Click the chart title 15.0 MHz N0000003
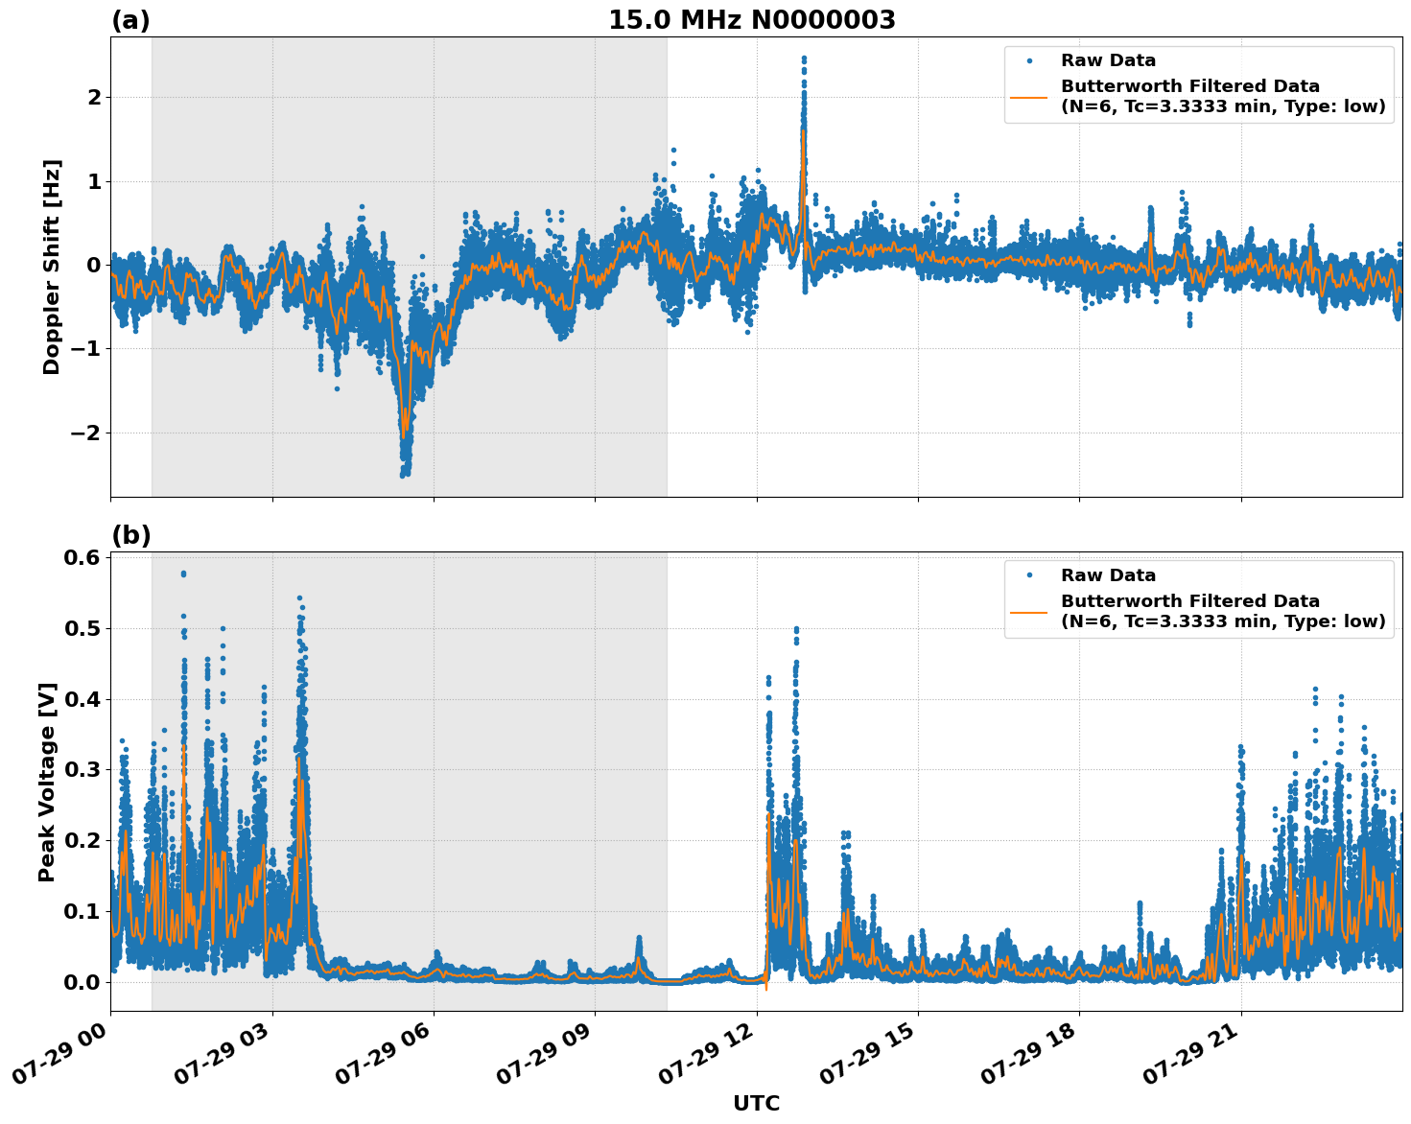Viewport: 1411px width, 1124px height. click(x=752, y=20)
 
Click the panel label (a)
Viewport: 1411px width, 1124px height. click(x=130, y=20)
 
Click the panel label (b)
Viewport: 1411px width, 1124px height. click(x=130, y=535)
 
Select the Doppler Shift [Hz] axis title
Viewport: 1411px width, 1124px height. click(x=52, y=267)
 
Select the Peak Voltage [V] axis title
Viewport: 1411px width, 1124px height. click(x=47, y=782)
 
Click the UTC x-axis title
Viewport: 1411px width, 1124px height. click(x=756, y=1103)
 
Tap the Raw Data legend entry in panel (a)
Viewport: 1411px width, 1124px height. click(x=1108, y=60)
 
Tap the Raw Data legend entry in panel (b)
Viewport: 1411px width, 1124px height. click(x=1108, y=575)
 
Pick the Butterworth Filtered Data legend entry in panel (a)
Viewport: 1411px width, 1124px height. click(x=1222, y=96)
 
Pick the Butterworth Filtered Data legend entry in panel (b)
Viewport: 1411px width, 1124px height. click(x=1222, y=611)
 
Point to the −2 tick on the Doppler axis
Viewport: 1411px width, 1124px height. click(x=85, y=433)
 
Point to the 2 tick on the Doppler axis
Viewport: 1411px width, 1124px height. click(x=94, y=97)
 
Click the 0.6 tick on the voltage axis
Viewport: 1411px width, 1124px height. click(x=82, y=558)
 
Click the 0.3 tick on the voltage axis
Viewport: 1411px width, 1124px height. click(x=82, y=770)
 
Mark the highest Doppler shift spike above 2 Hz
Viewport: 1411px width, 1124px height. click(x=804, y=59)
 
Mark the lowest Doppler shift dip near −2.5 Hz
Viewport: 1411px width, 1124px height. click(x=405, y=474)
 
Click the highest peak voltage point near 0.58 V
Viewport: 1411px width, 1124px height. click(x=183, y=574)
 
